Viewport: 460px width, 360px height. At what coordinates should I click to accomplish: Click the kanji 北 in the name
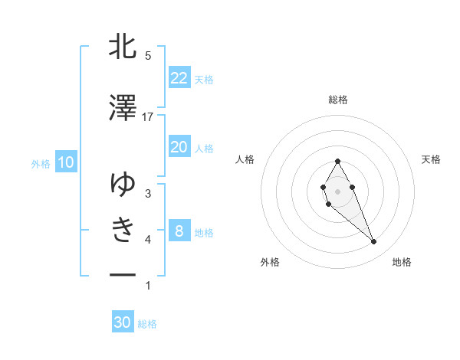123,47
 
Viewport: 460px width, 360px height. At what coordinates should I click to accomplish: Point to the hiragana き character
123,230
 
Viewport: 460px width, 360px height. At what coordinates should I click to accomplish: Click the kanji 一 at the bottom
123,274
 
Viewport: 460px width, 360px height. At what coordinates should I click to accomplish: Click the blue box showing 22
179,77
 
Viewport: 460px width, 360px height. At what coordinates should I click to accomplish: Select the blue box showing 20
179,147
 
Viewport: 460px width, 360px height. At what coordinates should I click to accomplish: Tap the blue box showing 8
179,231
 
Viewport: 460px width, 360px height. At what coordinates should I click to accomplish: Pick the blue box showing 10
65,162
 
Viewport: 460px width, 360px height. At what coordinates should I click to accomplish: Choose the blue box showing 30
123,322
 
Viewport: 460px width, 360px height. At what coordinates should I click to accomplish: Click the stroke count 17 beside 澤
148,116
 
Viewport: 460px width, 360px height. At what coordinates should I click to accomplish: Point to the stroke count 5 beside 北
148,56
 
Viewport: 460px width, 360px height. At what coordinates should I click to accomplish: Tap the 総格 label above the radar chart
337,100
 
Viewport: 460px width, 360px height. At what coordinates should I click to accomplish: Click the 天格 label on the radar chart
432,159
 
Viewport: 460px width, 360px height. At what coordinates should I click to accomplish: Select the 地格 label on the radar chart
402,262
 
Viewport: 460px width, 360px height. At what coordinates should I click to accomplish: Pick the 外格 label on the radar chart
270,262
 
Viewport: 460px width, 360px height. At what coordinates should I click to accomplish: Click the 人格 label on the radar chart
245,159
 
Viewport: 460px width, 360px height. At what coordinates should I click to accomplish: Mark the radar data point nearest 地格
373,242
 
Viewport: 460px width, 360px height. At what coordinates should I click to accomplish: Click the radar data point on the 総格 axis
337,161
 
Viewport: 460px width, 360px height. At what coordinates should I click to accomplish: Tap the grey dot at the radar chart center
337,190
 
